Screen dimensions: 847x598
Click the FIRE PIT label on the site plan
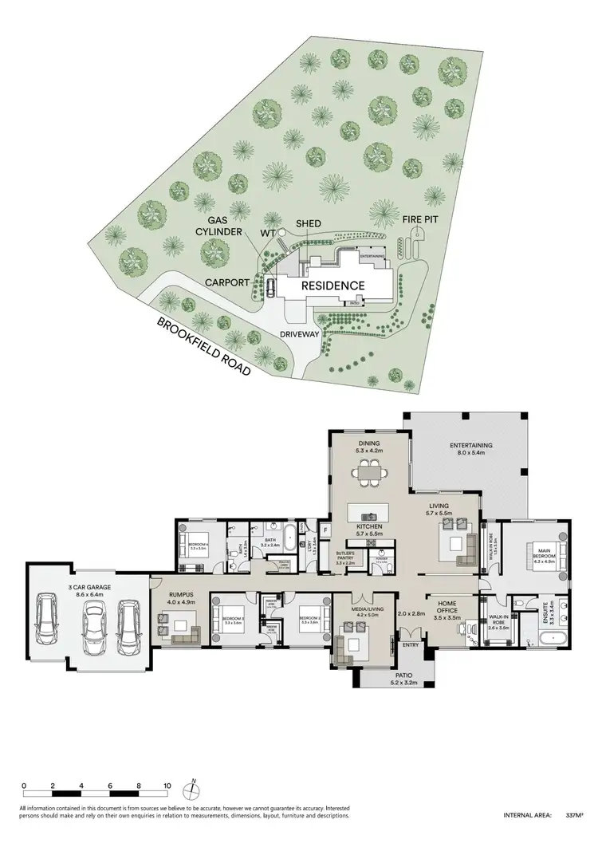416,217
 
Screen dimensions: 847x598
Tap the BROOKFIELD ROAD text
203,346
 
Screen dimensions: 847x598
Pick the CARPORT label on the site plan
230,282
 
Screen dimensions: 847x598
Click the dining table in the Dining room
369,475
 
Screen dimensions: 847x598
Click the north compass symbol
191,790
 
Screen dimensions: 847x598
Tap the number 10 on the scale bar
167,786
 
